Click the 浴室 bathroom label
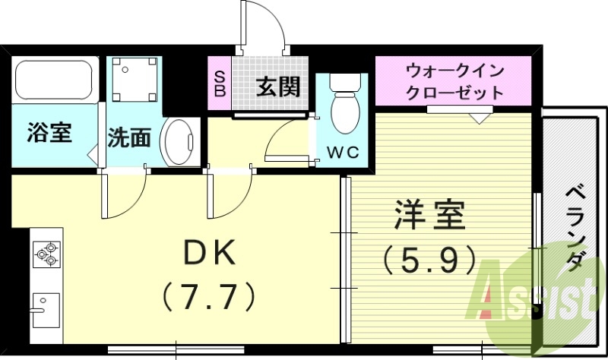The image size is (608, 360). (x=49, y=133)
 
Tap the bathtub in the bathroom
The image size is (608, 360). (x=53, y=80)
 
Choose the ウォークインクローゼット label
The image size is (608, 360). (x=454, y=83)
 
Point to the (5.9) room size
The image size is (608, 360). (x=429, y=261)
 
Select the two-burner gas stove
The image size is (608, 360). (x=46, y=254)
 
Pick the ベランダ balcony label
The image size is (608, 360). (x=575, y=228)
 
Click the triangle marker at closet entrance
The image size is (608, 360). (x=479, y=118)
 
